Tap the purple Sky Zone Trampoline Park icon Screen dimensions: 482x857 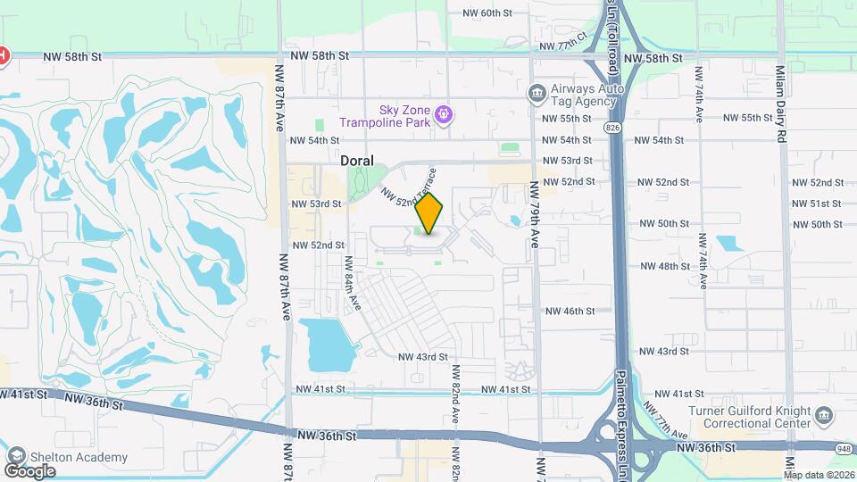click(x=445, y=114)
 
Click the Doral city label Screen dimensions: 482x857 click(x=356, y=160)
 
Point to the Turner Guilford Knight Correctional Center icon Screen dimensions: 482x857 click(x=824, y=416)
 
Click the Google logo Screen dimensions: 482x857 click(x=29, y=471)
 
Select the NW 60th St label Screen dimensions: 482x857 click(x=487, y=13)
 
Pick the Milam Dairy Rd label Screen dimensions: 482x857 click(x=779, y=104)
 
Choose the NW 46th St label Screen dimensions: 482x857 click(x=570, y=311)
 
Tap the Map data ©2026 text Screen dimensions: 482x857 click(x=819, y=475)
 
